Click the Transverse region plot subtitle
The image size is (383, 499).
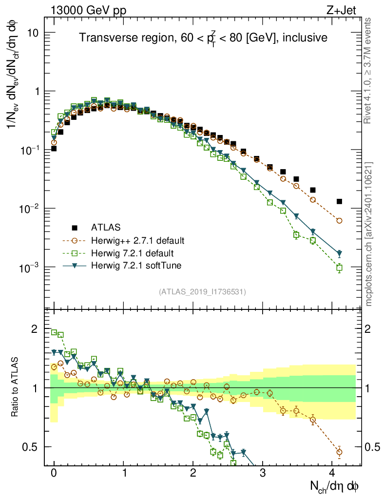coord(203,38)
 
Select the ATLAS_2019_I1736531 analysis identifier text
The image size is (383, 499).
coord(202,292)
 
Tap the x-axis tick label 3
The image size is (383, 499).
coord(263,473)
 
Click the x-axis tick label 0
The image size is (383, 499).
coord(54,473)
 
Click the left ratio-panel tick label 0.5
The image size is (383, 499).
coord(31,447)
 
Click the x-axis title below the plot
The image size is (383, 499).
coord(335,487)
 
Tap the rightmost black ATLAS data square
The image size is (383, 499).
coord(339,201)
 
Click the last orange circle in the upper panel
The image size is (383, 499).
coord(339,221)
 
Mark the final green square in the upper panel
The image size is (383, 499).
coord(339,268)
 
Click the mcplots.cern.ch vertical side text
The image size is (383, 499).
coord(369,234)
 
